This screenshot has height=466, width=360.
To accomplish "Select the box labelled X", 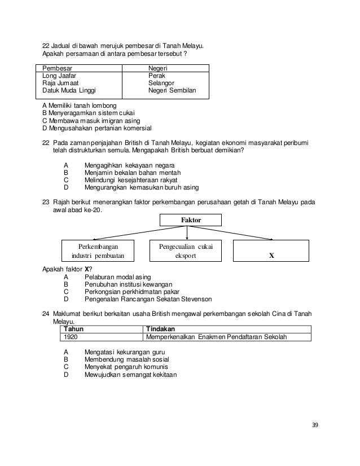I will tap(271, 250).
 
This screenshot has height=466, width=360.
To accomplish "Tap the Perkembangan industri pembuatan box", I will tap(100, 250).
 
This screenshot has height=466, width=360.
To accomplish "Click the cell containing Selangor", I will tap(160, 82).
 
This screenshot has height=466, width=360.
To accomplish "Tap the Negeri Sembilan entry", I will tap(172, 90).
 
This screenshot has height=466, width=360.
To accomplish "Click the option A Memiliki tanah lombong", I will tap(80, 105).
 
